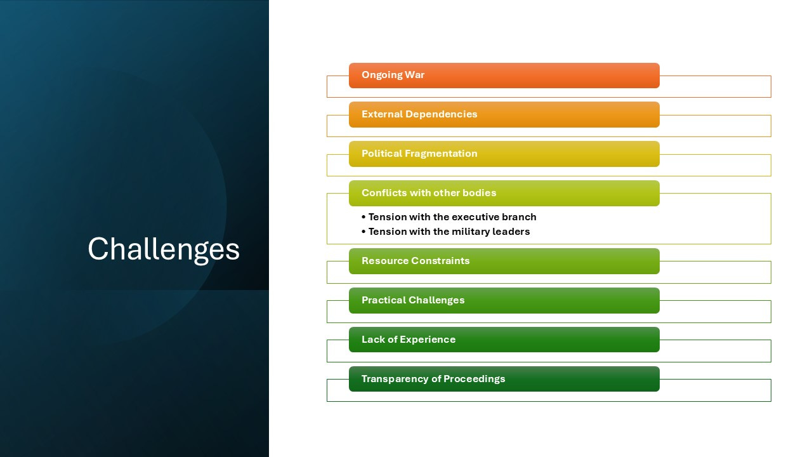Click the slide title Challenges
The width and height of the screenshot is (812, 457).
pyautogui.click(x=164, y=249)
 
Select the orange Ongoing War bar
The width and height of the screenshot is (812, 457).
pyautogui.click(x=504, y=76)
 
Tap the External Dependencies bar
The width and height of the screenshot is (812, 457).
pyautogui.click(x=504, y=115)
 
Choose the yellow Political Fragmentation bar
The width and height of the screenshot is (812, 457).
pyautogui.click(x=504, y=154)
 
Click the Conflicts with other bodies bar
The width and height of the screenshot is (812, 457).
pyautogui.click(x=504, y=194)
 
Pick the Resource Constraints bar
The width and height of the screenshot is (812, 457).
pyautogui.click(x=504, y=261)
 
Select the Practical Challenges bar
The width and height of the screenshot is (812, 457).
pyautogui.click(x=504, y=301)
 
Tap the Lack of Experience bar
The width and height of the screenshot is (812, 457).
pyautogui.click(x=504, y=340)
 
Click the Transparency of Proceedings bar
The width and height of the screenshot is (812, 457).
pyautogui.click(x=504, y=379)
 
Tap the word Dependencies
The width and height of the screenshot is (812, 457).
pyautogui.click(x=441, y=114)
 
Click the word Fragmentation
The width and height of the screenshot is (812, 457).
pyautogui.click(x=441, y=154)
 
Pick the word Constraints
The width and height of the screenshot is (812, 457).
pyautogui.click(x=440, y=261)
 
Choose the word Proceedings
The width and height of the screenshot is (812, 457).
pyautogui.click(x=474, y=379)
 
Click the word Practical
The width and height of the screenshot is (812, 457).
pyautogui.click(x=384, y=300)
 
